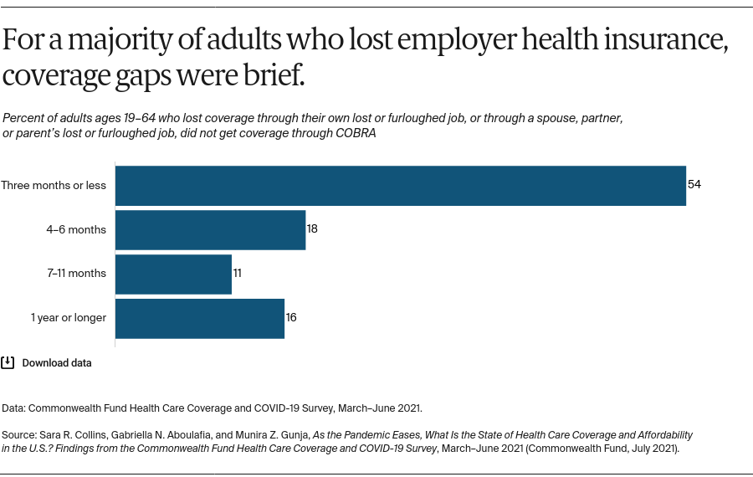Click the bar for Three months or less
pos(400,185)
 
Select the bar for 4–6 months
pos(210,229)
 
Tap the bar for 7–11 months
pos(173,274)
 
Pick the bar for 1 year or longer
pos(199,318)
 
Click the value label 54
pos(694,184)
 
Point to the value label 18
pos(312,228)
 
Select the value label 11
pos(238,274)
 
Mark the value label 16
pos(291,318)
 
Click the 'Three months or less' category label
pos(54,185)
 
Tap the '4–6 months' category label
pos(76,229)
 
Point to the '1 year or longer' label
pos(69,318)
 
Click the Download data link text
pos(57,363)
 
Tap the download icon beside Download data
pos(8,362)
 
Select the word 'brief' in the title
pos(273,76)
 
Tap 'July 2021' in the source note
pos(656,449)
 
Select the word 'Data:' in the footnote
pos(13,408)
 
